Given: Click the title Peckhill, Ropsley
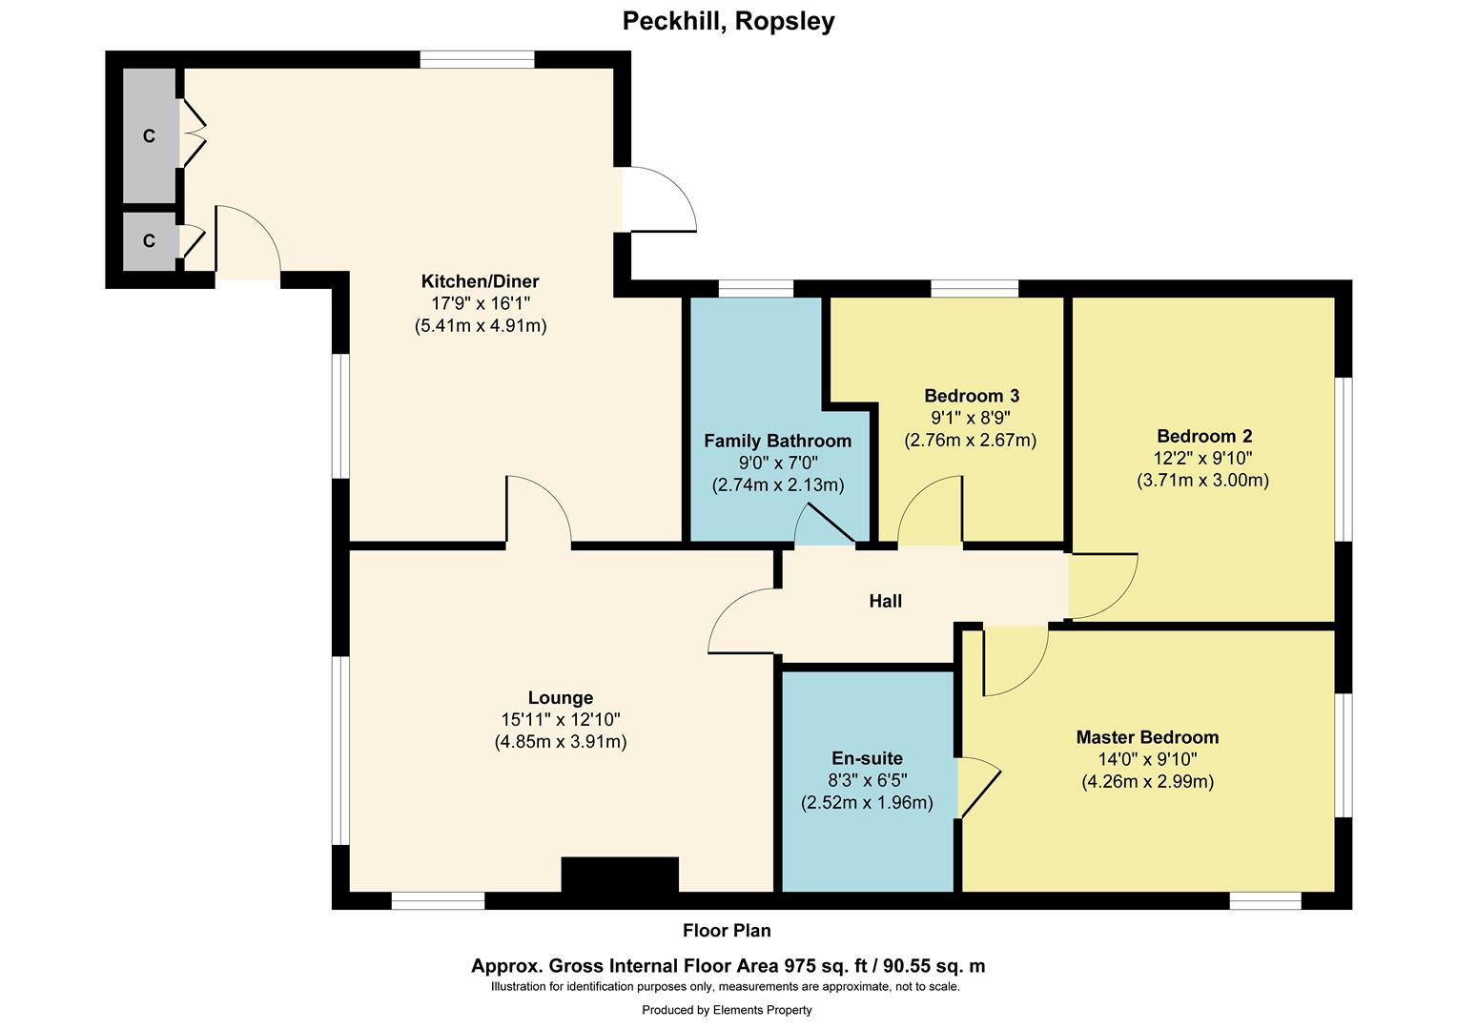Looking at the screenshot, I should pyautogui.click(x=728, y=21).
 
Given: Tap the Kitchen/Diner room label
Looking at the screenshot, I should pyautogui.click(x=480, y=281).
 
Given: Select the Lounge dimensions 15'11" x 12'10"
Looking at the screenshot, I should pyautogui.click(x=561, y=720).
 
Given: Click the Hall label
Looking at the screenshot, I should pyautogui.click(x=885, y=601).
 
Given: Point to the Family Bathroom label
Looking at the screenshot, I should pyautogui.click(x=777, y=441).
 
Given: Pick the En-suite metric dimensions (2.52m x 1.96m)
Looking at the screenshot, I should pyautogui.click(x=867, y=803).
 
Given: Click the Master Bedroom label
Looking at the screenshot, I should pyautogui.click(x=1147, y=737).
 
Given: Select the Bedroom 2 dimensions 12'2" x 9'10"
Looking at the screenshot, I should pyautogui.click(x=1202, y=459).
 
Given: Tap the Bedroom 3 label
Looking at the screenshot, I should pyautogui.click(x=971, y=396).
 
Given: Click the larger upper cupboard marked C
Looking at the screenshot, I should pyautogui.click(x=149, y=135).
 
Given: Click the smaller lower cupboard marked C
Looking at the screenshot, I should pyautogui.click(x=149, y=240).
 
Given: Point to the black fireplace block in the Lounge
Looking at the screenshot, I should pyautogui.click(x=620, y=875).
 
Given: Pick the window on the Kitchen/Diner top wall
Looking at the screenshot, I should pyautogui.click(x=477, y=59).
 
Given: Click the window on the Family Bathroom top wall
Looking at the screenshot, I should pyautogui.click(x=755, y=288).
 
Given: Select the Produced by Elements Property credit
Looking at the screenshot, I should pyautogui.click(x=727, y=1010).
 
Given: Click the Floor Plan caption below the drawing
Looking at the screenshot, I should pyautogui.click(x=727, y=931).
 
